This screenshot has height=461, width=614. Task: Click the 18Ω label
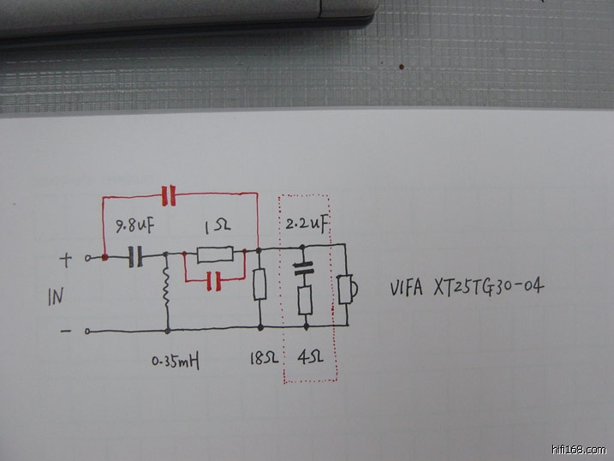261,358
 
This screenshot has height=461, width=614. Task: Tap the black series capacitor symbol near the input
134,255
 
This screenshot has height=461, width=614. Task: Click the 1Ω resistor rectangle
214,254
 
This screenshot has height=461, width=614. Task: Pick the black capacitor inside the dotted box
304,268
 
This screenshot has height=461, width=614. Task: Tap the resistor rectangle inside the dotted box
304,300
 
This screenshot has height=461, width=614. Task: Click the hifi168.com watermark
580,449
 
